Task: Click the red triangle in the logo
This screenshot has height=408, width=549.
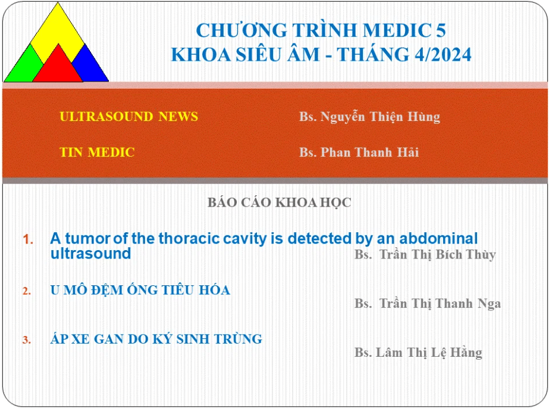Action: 58,67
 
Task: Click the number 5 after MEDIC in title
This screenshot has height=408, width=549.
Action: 441,30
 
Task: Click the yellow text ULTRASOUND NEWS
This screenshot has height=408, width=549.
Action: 129,116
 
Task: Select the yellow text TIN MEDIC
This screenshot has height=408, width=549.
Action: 97,152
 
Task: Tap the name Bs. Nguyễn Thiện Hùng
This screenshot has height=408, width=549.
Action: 370,117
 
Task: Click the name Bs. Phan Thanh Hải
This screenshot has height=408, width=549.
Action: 359,152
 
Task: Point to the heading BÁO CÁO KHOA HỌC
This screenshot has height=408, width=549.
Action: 279,203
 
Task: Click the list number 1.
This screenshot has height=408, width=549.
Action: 28,240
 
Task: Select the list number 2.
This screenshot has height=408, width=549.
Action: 27,291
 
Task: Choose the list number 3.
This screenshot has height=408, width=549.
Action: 27,340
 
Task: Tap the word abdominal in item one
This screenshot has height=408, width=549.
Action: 438,238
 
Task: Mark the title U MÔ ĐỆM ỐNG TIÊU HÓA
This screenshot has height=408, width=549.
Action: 140,290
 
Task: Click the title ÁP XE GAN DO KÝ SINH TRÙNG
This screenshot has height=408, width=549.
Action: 156,339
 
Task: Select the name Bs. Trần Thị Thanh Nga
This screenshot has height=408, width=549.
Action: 428,304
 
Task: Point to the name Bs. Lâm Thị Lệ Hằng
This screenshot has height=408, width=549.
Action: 418,352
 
